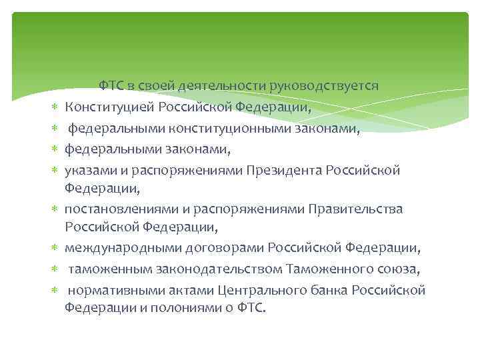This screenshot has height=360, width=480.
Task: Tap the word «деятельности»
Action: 227,86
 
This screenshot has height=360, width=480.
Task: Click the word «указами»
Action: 86,170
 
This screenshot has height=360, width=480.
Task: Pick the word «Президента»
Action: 284,170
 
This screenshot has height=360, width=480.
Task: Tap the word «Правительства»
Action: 355,210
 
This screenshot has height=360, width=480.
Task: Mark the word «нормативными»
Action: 108,291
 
